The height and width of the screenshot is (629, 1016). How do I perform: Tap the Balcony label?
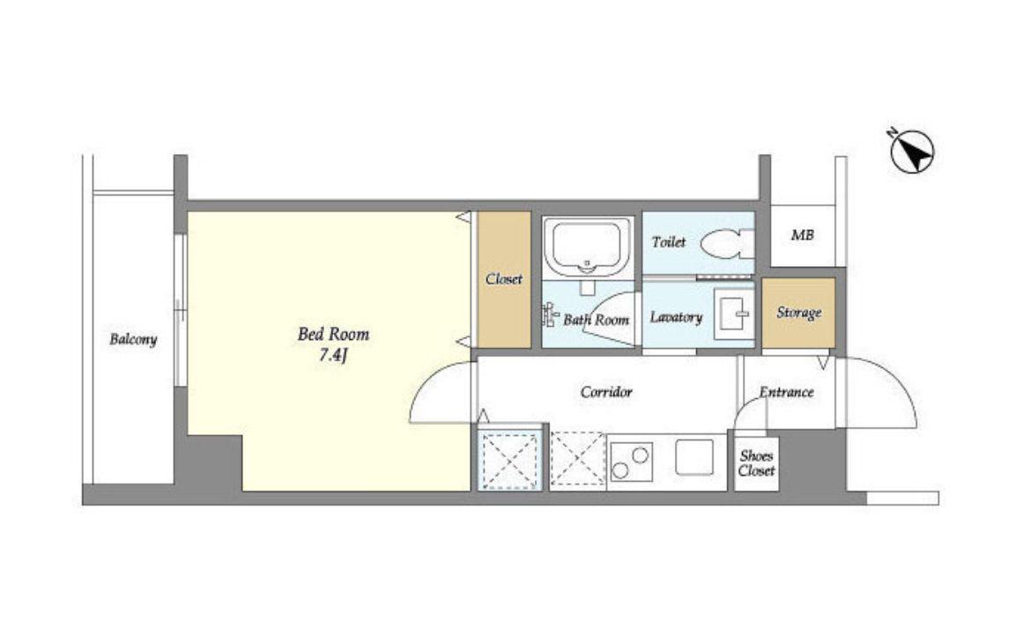coord(133,339)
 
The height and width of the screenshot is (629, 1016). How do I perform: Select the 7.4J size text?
coord(334,356)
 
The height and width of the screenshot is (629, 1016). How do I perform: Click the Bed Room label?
coord(333,334)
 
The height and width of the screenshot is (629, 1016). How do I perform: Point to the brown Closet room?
coord(504,279)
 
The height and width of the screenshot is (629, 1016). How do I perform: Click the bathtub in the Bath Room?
coord(587,247)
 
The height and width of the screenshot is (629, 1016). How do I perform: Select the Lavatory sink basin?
coord(734,314)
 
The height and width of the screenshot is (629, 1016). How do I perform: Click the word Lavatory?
coord(676,317)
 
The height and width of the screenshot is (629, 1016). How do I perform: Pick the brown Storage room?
coord(798,313)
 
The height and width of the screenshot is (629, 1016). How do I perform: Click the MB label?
coord(802,235)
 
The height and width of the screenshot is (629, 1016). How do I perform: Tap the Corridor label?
coord(606,392)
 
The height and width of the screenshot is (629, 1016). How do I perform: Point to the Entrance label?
coord(786,392)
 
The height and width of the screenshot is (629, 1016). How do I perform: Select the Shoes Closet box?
coord(756,463)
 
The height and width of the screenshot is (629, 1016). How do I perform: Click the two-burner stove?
coord(631,462)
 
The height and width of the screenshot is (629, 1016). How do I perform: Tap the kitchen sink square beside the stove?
coord(694,456)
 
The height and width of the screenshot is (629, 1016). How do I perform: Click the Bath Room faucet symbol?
coord(550,314)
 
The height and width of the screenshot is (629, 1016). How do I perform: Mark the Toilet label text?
coord(668,241)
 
